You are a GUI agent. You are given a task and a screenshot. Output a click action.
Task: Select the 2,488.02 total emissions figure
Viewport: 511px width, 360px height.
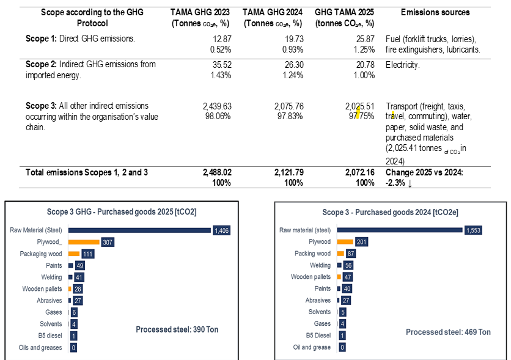(x=216, y=172)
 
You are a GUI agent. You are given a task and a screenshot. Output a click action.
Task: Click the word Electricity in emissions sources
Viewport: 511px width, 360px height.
(x=404, y=64)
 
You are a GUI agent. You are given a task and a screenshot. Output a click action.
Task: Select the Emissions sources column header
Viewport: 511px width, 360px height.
(x=435, y=12)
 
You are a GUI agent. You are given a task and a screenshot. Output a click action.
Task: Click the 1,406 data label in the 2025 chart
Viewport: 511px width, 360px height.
(x=221, y=230)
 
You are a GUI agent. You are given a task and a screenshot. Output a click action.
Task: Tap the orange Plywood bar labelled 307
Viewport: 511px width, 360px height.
(x=84, y=242)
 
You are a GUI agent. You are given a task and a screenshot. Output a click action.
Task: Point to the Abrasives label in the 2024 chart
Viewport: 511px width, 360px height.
(x=318, y=300)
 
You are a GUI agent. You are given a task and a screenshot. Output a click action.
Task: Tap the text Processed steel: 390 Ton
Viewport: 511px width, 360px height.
(x=177, y=329)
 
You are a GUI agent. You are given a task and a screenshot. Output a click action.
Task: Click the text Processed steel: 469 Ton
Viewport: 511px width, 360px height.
(x=448, y=332)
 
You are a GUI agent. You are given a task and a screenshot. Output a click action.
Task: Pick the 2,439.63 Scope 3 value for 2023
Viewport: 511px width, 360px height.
(x=217, y=106)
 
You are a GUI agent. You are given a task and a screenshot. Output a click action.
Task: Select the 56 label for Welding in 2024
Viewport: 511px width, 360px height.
(x=348, y=265)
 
